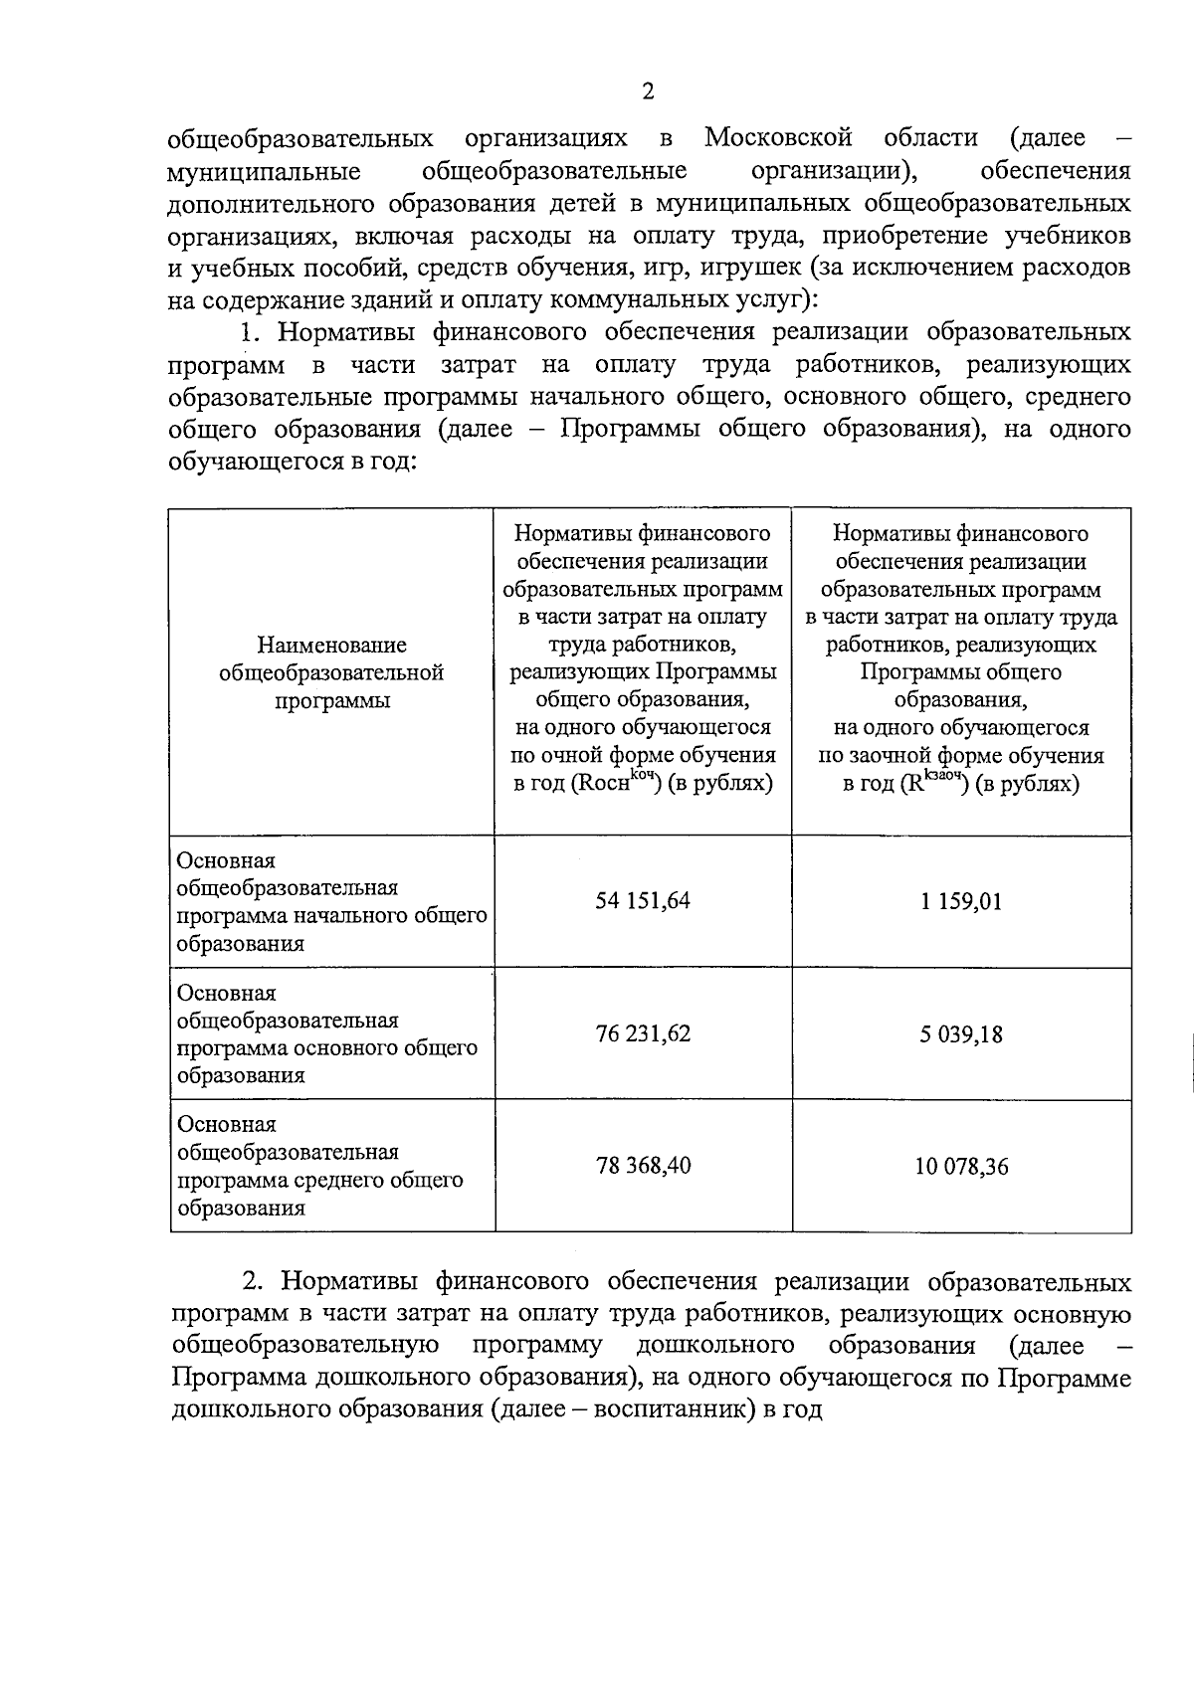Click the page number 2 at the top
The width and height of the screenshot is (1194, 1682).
pyautogui.click(x=648, y=93)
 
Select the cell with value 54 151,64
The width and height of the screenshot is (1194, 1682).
pyautogui.click(x=643, y=901)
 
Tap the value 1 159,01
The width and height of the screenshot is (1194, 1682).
pyautogui.click(x=961, y=902)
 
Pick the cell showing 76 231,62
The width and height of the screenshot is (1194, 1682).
pyautogui.click(x=643, y=1033)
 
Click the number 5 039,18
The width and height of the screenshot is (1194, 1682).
pyautogui.click(x=961, y=1034)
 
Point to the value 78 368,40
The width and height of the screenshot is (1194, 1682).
pyautogui.click(x=643, y=1166)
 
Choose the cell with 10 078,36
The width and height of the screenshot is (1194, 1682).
pyautogui.click(x=961, y=1167)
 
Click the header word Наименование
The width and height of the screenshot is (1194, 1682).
pyautogui.click(x=331, y=646)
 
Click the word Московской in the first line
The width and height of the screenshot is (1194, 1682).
pyautogui.click(x=779, y=137)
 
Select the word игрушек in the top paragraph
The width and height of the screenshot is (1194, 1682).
pyautogui.click(x=751, y=268)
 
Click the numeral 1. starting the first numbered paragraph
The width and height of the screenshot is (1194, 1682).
pyautogui.click(x=249, y=332)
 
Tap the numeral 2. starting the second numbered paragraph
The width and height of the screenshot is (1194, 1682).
pyautogui.click(x=253, y=1282)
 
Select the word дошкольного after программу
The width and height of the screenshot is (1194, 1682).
pyautogui.click(x=714, y=1347)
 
